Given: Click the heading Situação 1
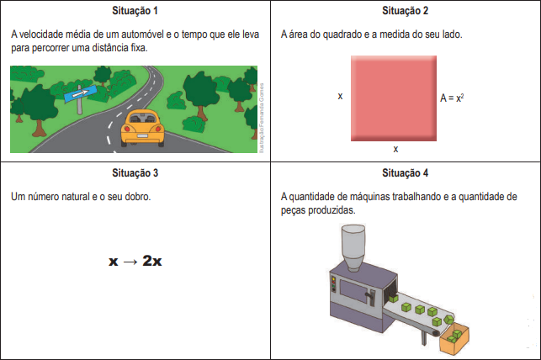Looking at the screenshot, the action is (x=135, y=11).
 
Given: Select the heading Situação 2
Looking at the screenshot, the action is (x=405, y=11).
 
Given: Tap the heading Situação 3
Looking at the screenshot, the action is (x=135, y=172).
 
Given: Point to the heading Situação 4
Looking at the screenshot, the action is (x=405, y=172).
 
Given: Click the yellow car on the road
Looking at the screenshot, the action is (x=142, y=129).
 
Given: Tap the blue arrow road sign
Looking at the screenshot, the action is (x=80, y=93).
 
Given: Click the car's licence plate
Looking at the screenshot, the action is (x=142, y=136).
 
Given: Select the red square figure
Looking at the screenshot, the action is (x=394, y=98).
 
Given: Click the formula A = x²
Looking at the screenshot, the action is (x=452, y=98).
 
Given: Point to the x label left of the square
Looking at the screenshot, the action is (x=340, y=96).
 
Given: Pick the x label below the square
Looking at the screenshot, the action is (x=395, y=149).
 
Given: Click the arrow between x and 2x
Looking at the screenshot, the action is (x=130, y=262).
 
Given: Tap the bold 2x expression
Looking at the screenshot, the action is (x=152, y=261).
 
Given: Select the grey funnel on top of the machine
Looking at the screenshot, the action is (x=353, y=247).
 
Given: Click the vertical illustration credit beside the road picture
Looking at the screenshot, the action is (x=262, y=118).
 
